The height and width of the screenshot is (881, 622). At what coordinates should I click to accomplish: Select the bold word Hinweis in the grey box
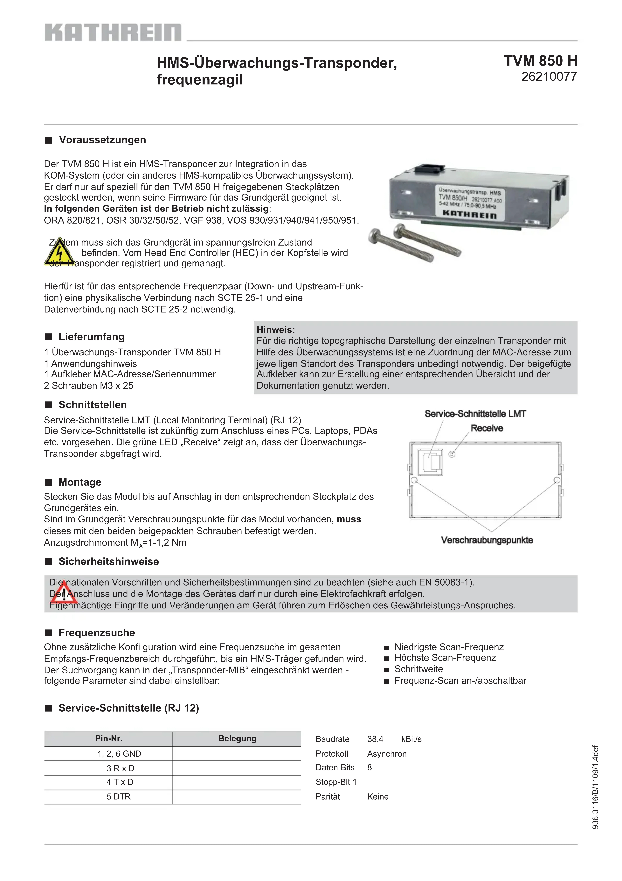pos(275,330)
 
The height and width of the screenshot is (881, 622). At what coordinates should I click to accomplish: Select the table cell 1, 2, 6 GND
pos(119,754)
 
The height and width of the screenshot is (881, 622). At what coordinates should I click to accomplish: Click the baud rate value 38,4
pos(375,739)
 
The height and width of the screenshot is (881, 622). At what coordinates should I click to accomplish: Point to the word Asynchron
pos(387,754)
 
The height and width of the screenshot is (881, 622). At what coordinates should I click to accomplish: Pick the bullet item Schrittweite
pos(418,669)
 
